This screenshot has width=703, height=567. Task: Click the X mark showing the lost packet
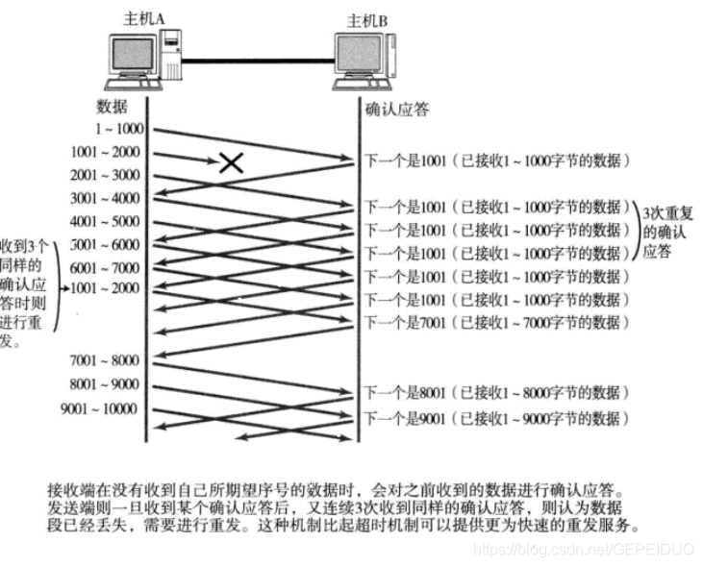click(231, 161)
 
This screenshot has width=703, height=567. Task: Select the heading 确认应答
click(397, 109)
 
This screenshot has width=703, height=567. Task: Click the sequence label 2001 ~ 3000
click(106, 175)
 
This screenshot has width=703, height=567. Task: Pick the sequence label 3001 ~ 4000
click(106, 198)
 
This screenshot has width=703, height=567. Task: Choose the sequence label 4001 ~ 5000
click(106, 221)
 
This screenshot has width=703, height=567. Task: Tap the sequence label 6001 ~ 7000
click(106, 267)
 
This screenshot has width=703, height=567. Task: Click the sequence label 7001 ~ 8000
click(106, 360)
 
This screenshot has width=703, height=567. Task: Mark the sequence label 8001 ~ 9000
click(106, 384)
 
